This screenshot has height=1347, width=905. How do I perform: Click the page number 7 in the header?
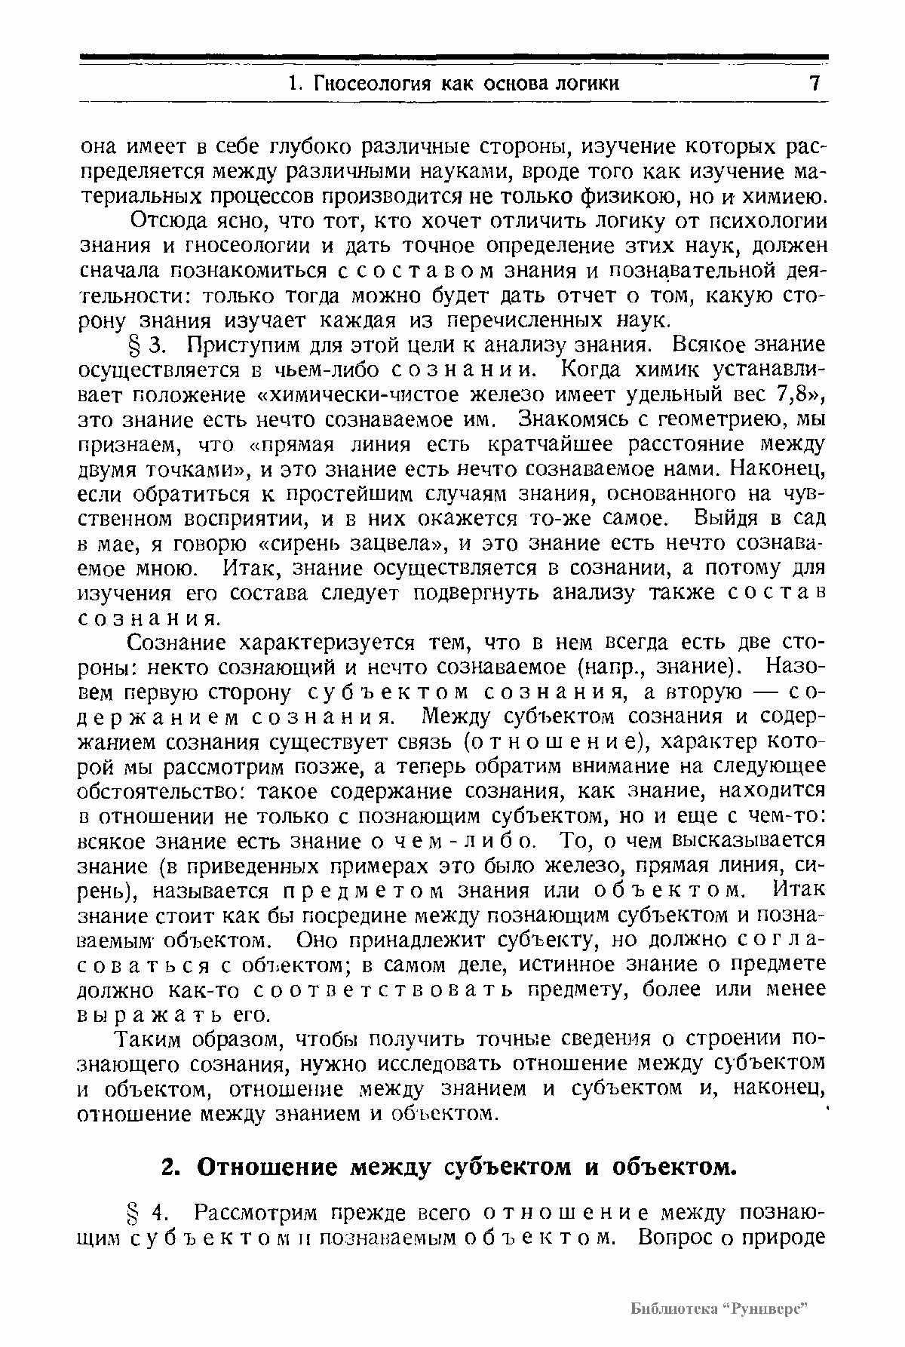tap(814, 82)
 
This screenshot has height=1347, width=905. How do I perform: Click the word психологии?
tap(772, 222)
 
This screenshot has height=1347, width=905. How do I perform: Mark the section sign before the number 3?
tap(137, 345)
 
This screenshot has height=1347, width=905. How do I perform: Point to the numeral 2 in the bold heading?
tap(170, 1168)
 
